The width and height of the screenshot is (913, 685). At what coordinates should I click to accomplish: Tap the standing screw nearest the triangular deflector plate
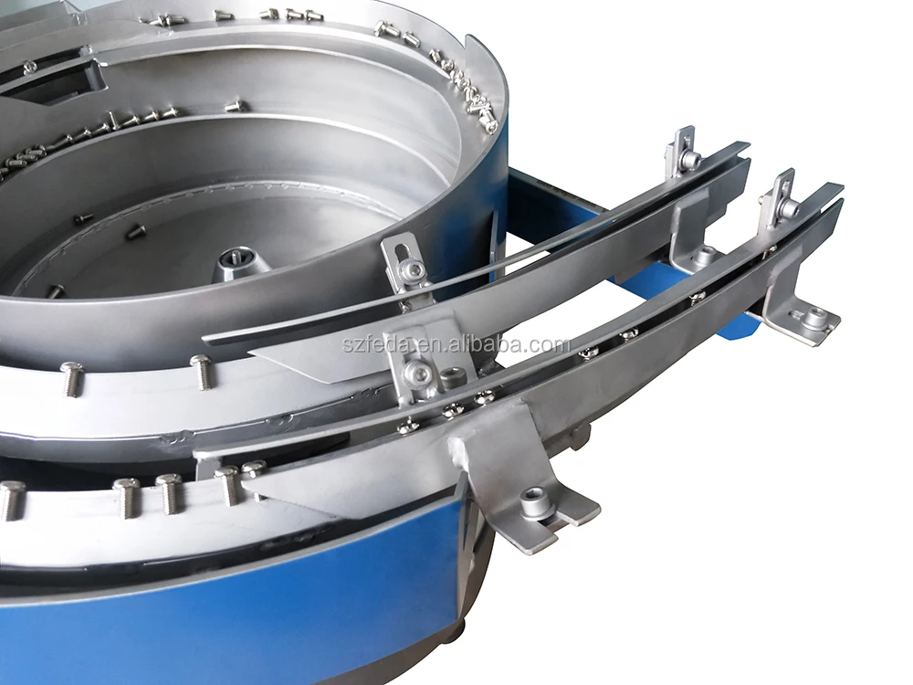click(x=201, y=371)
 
